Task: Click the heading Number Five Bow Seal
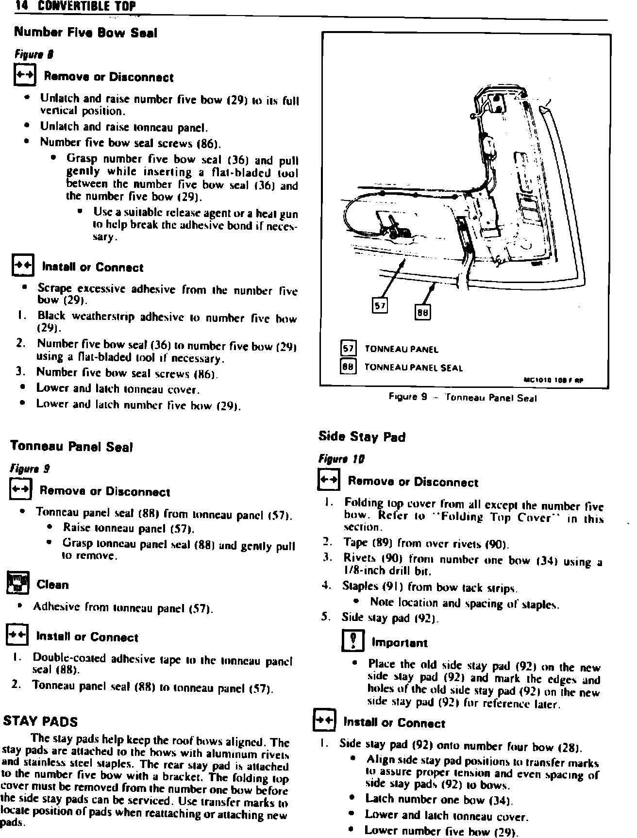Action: click(x=85, y=33)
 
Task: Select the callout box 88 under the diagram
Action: click(x=422, y=311)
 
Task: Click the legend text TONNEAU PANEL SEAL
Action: click(x=413, y=368)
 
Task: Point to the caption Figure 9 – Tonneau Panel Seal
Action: click(x=462, y=398)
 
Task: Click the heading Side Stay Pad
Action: click(x=362, y=437)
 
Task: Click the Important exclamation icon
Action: click(x=350, y=642)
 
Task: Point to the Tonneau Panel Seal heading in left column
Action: click(x=71, y=447)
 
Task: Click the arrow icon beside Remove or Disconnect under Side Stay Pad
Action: click(x=327, y=481)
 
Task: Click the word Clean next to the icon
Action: click(x=52, y=585)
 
